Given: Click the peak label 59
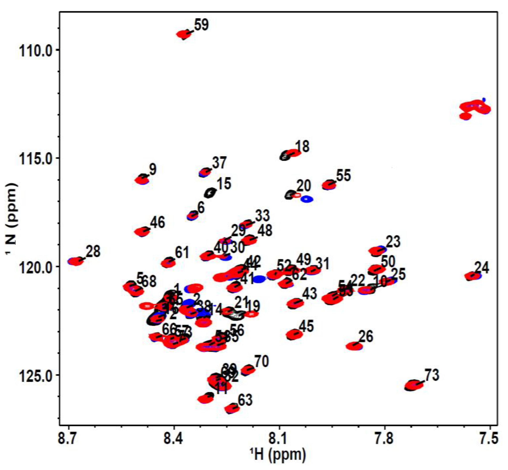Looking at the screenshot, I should tap(201, 25).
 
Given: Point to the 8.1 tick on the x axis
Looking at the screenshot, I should tap(279, 439).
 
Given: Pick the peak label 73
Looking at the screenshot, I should tap(432, 375).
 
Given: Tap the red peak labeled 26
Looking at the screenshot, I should tap(354, 346).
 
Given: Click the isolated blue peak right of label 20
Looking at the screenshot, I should tap(307, 199).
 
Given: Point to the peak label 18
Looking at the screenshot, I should tap(302, 147).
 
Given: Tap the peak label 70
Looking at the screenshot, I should tap(262, 361).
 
